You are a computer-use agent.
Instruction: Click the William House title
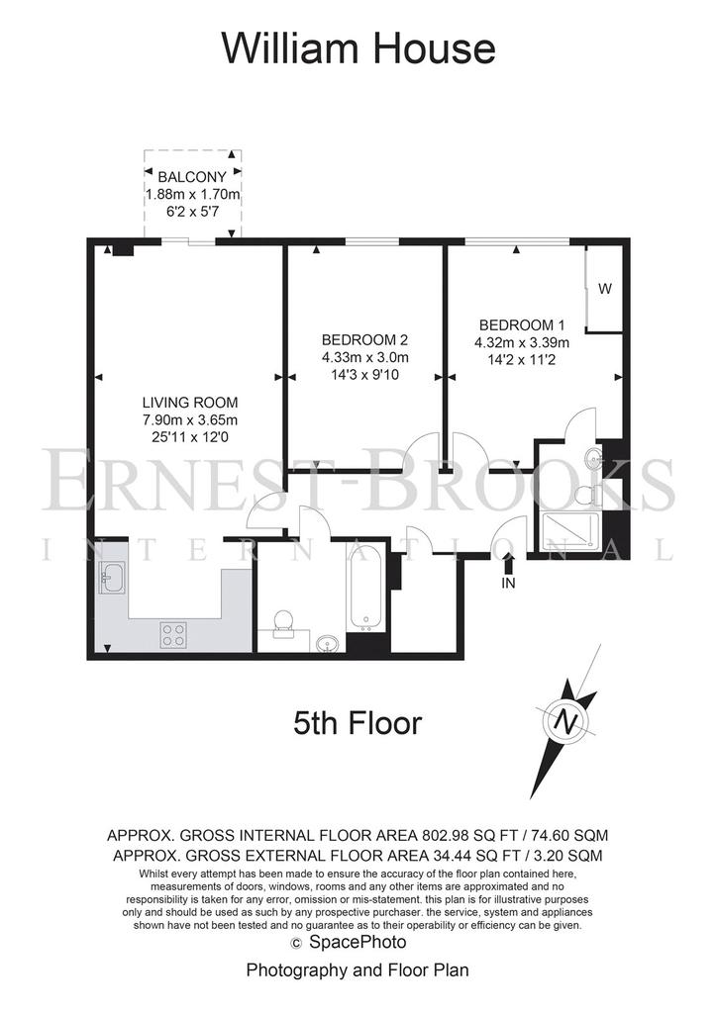coord(358,47)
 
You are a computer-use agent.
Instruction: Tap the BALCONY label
coord(193,176)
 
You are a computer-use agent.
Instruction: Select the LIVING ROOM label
coord(190,402)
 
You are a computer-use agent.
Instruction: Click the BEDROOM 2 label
coord(364,340)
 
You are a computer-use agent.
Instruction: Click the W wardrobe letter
coord(604,289)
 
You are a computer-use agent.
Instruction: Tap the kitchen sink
coord(114,577)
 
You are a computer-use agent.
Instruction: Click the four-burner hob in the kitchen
coord(173,634)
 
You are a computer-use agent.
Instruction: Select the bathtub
coord(366,588)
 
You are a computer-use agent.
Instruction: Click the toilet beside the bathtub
coord(283,625)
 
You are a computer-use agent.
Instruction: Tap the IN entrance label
coord(508,583)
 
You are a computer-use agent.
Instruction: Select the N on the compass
coord(567,720)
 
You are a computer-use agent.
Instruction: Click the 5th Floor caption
coord(358,723)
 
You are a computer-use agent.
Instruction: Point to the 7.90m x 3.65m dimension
coord(190,419)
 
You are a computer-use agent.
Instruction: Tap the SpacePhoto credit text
coord(358,942)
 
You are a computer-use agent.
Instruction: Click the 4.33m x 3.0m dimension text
coord(365,357)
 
